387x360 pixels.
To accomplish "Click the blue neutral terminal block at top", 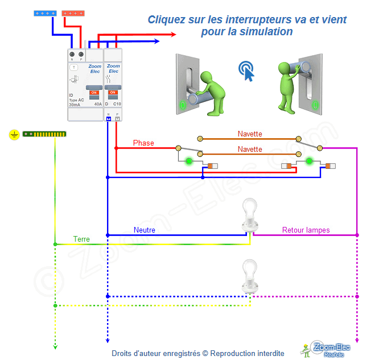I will click(x=46, y=12).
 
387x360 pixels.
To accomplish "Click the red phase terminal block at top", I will click(x=73, y=12).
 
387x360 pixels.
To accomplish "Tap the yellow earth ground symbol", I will click(x=14, y=135).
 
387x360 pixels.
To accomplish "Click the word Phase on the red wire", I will click(x=143, y=143).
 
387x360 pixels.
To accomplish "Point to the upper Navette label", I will click(x=250, y=134).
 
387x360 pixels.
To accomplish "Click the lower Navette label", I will click(x=250, y=150).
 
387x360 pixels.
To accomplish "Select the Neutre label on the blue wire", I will click(x=145, y=230).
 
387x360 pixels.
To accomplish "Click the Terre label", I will click(x=81, y=239).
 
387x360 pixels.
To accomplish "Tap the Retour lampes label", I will click(x=306, y=230).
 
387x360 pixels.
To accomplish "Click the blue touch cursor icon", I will click(x=246, y=71).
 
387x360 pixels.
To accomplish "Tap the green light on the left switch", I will click(x=188, y=161).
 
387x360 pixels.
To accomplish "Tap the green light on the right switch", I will click(x=309, y=161).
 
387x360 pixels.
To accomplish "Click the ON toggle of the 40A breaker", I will click(x=94, y=92).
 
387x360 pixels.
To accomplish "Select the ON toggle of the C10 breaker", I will click(x=113, y=92).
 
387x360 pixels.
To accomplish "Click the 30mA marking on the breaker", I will click(x=75, y=105).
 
